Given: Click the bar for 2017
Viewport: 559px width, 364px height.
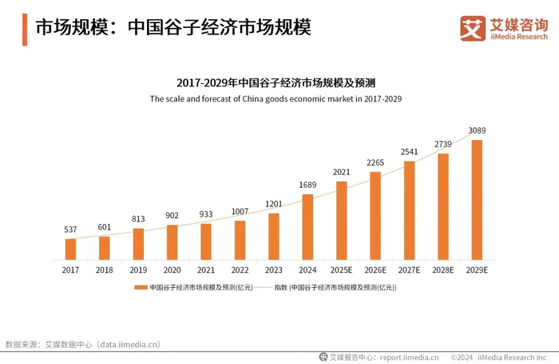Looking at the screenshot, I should [x=70, y=250].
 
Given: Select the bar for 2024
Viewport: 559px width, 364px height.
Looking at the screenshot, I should [x=307, y=227].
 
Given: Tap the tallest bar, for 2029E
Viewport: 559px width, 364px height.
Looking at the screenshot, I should [x=477, y=200].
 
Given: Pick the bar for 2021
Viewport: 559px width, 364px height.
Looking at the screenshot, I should [x=206, y=242].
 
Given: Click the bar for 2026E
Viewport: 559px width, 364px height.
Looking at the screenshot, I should [x=375, y=216].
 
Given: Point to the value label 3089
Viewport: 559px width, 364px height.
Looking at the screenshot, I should [x=477, y=130].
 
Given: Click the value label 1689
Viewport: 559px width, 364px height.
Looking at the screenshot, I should [x=307, y=185].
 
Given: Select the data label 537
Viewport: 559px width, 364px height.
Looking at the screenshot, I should [x=70, y=230].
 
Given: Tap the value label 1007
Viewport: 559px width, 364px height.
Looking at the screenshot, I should [x=240, y=211].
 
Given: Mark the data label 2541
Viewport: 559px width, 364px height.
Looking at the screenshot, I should [x=409, y=151].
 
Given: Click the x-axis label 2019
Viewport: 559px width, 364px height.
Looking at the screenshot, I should [x=138, y=270].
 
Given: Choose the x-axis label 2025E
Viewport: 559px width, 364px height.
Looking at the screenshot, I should [x=341, y=270].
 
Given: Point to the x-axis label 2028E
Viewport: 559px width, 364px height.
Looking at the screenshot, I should [x=442, y=270].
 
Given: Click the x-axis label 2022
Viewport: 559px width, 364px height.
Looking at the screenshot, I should [x=240, y=270].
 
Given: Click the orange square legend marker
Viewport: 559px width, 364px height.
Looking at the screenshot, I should [x=141, y=286].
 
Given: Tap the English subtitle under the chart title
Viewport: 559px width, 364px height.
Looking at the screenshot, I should [x=276, y=99].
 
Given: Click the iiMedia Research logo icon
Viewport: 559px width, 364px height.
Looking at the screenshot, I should [x=473, y=28].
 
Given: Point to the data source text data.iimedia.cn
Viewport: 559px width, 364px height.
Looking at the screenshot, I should [x=128, y=345].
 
